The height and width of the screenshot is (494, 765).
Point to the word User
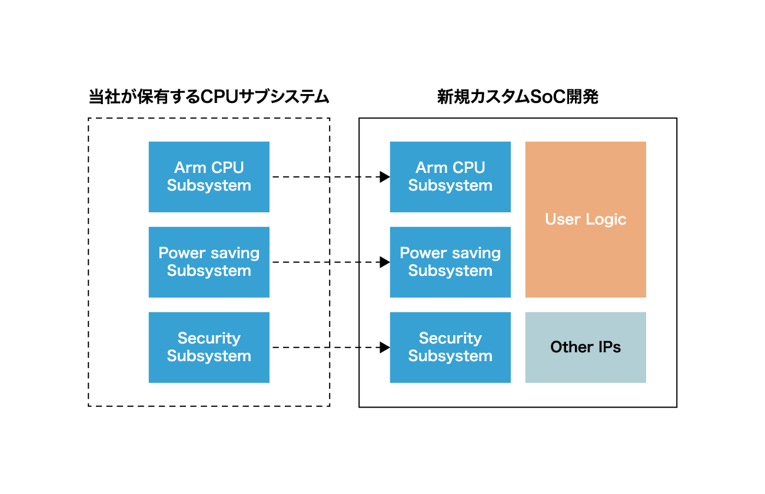(x=563, y=219)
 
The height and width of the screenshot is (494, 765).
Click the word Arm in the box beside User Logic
(x=431, y=168)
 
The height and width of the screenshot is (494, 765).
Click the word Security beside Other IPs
(x=450, y=338)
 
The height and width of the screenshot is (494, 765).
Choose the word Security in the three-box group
(x=209, y=338)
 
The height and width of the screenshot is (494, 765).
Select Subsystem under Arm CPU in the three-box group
(x=209, y=185)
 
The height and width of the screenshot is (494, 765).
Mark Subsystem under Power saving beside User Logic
(x=450, y=271)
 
